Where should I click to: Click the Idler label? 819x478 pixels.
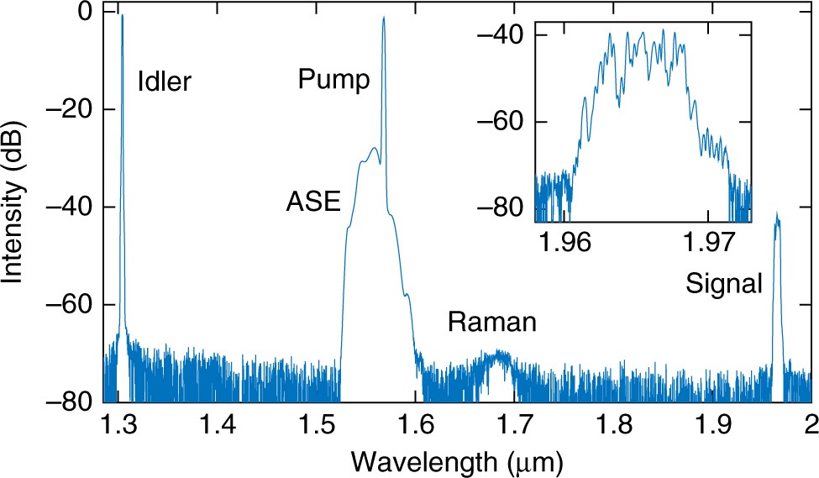tap(165, 81)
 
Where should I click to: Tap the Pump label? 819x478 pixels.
tap(333, 81)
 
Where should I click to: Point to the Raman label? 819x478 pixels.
tap(491, 322)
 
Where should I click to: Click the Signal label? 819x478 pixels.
tap(723, 283)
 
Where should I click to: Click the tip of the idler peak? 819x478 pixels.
tap(123, 15)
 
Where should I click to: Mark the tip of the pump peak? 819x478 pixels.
tap(384, 17)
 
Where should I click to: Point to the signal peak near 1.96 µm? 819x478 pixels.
tap(777, 216)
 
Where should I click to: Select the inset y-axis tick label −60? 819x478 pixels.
tap(503, 121)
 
